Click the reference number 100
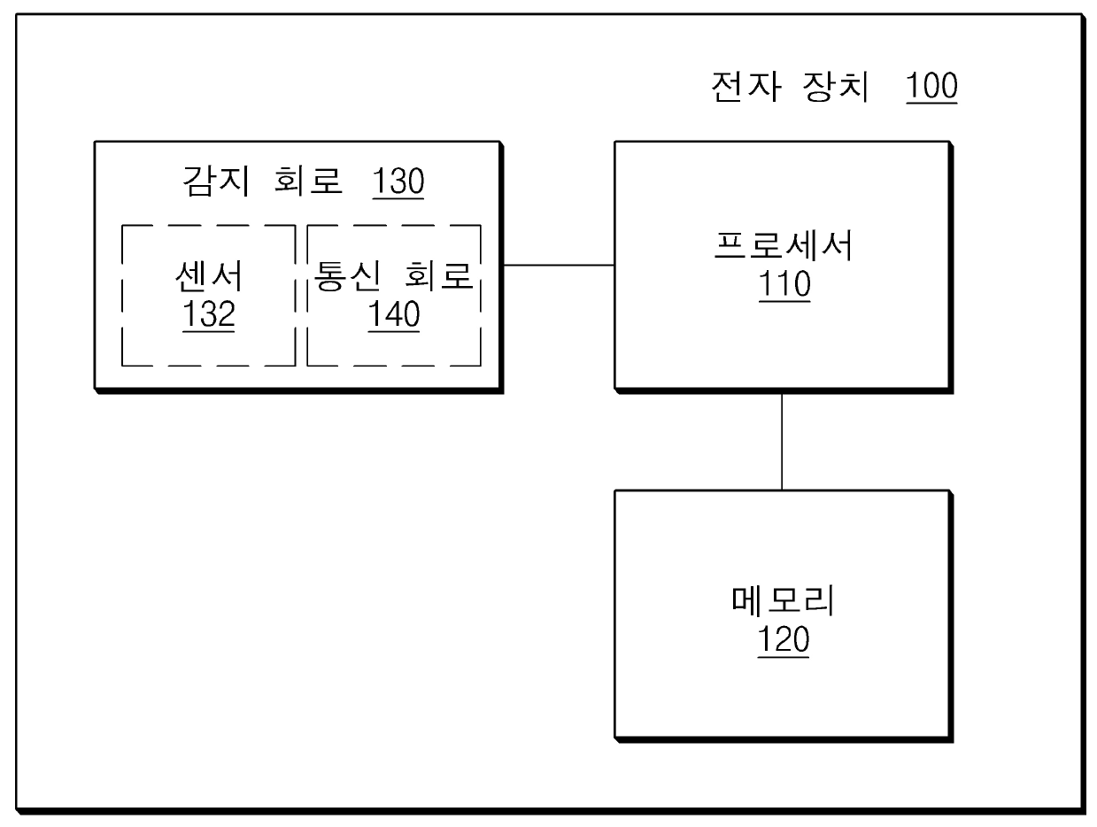(931, 87)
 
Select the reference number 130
(398, 182)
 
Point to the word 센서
(209, 278)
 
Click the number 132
(209, 315)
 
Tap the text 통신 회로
(394, 278)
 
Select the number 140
(394, 315)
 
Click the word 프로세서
(784, 248)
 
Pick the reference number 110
(784, 285)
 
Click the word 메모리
(784, 603)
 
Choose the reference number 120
(784, 640)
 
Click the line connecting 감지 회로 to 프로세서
(559, 265)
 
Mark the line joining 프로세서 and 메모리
(782, 440)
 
